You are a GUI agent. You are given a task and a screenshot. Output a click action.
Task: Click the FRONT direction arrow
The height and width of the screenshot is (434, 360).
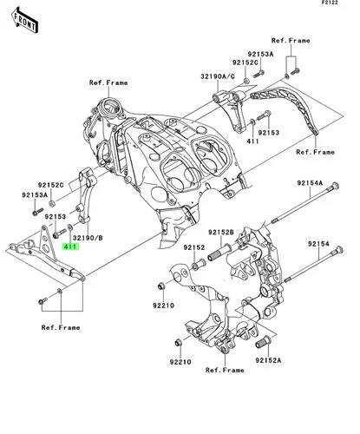point(25,21)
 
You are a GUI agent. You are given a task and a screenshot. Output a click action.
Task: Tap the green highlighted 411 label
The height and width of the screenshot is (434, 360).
point(71,247)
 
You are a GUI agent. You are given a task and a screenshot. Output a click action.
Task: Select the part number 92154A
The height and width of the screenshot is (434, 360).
point(310,183)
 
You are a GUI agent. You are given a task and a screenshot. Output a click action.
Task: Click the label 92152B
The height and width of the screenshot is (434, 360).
point(221,232)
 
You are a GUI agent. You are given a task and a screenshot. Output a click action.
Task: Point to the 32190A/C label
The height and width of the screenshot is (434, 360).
point(218,76)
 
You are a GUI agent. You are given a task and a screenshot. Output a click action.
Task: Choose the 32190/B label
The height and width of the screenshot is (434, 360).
point(88,238)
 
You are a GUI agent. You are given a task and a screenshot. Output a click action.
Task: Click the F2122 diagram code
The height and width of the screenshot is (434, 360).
point(331,3)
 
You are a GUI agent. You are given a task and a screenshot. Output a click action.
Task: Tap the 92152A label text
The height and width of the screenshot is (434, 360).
point(268,360)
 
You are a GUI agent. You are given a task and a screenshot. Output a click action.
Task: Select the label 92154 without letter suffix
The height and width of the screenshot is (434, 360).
point(318,244)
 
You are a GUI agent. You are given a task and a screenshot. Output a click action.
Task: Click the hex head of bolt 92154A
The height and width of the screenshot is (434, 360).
point(336,186)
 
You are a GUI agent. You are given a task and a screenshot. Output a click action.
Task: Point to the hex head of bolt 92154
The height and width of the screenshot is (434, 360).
point(339,249)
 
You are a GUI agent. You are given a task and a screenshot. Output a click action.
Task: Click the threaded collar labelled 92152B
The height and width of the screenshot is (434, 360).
point(220,253)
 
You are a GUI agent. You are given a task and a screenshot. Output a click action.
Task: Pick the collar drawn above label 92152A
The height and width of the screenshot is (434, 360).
point(263,342)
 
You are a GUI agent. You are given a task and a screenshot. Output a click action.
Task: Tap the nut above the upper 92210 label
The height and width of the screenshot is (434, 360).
point(161,286)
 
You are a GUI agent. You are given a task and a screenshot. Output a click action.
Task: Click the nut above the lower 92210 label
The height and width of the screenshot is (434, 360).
point(179,343)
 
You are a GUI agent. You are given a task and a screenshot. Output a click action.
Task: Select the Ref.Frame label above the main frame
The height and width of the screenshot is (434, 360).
point(108,82)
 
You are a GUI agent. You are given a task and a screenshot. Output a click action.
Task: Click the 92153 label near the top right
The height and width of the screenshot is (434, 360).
point(269,133)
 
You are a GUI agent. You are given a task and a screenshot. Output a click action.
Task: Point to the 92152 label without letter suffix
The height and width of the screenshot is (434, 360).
point(194,247)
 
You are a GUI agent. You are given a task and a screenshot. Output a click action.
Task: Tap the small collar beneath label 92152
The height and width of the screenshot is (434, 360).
point(198,265)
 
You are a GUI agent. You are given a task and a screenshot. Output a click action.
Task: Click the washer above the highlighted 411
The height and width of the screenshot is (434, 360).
point(70,227)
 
